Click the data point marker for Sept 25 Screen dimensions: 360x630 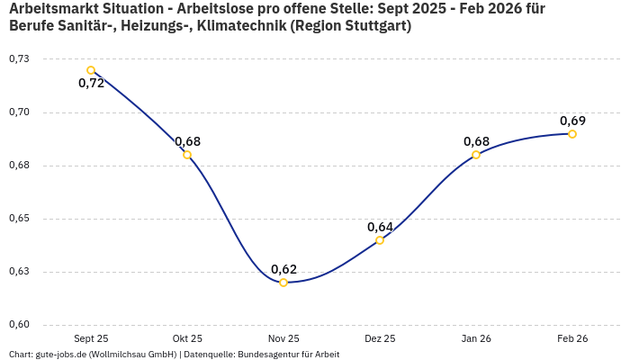(x=91, y=70)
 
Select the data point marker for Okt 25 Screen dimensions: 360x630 (x=187, y=155)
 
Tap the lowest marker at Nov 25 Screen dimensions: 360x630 (x=283, y=283)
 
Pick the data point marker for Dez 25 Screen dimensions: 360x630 (x=380, y=240)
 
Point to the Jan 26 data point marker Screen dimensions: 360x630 (x=476, y=155)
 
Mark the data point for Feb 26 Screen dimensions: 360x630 (x=572, y=134)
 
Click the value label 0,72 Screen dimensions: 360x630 (x=91, y=83)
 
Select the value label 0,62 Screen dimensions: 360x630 (x=283, y=269)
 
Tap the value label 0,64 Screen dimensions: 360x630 (x=380, y=227)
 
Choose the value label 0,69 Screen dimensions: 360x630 (x=572, y=121)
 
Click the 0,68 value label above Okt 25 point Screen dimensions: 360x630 (x=187, y=141)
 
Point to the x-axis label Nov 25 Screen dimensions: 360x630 (x=283, y=338)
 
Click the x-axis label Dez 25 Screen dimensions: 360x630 (x=380, y=338)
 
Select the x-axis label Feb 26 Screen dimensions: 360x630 (x=572, y=338)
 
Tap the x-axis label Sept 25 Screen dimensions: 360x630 (x=91, y=338)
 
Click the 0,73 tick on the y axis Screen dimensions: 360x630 (x=18, y=59)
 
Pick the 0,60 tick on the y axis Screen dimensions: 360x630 (x=18, y=325)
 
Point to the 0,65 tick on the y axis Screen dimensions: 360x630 (x=18, y=219)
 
